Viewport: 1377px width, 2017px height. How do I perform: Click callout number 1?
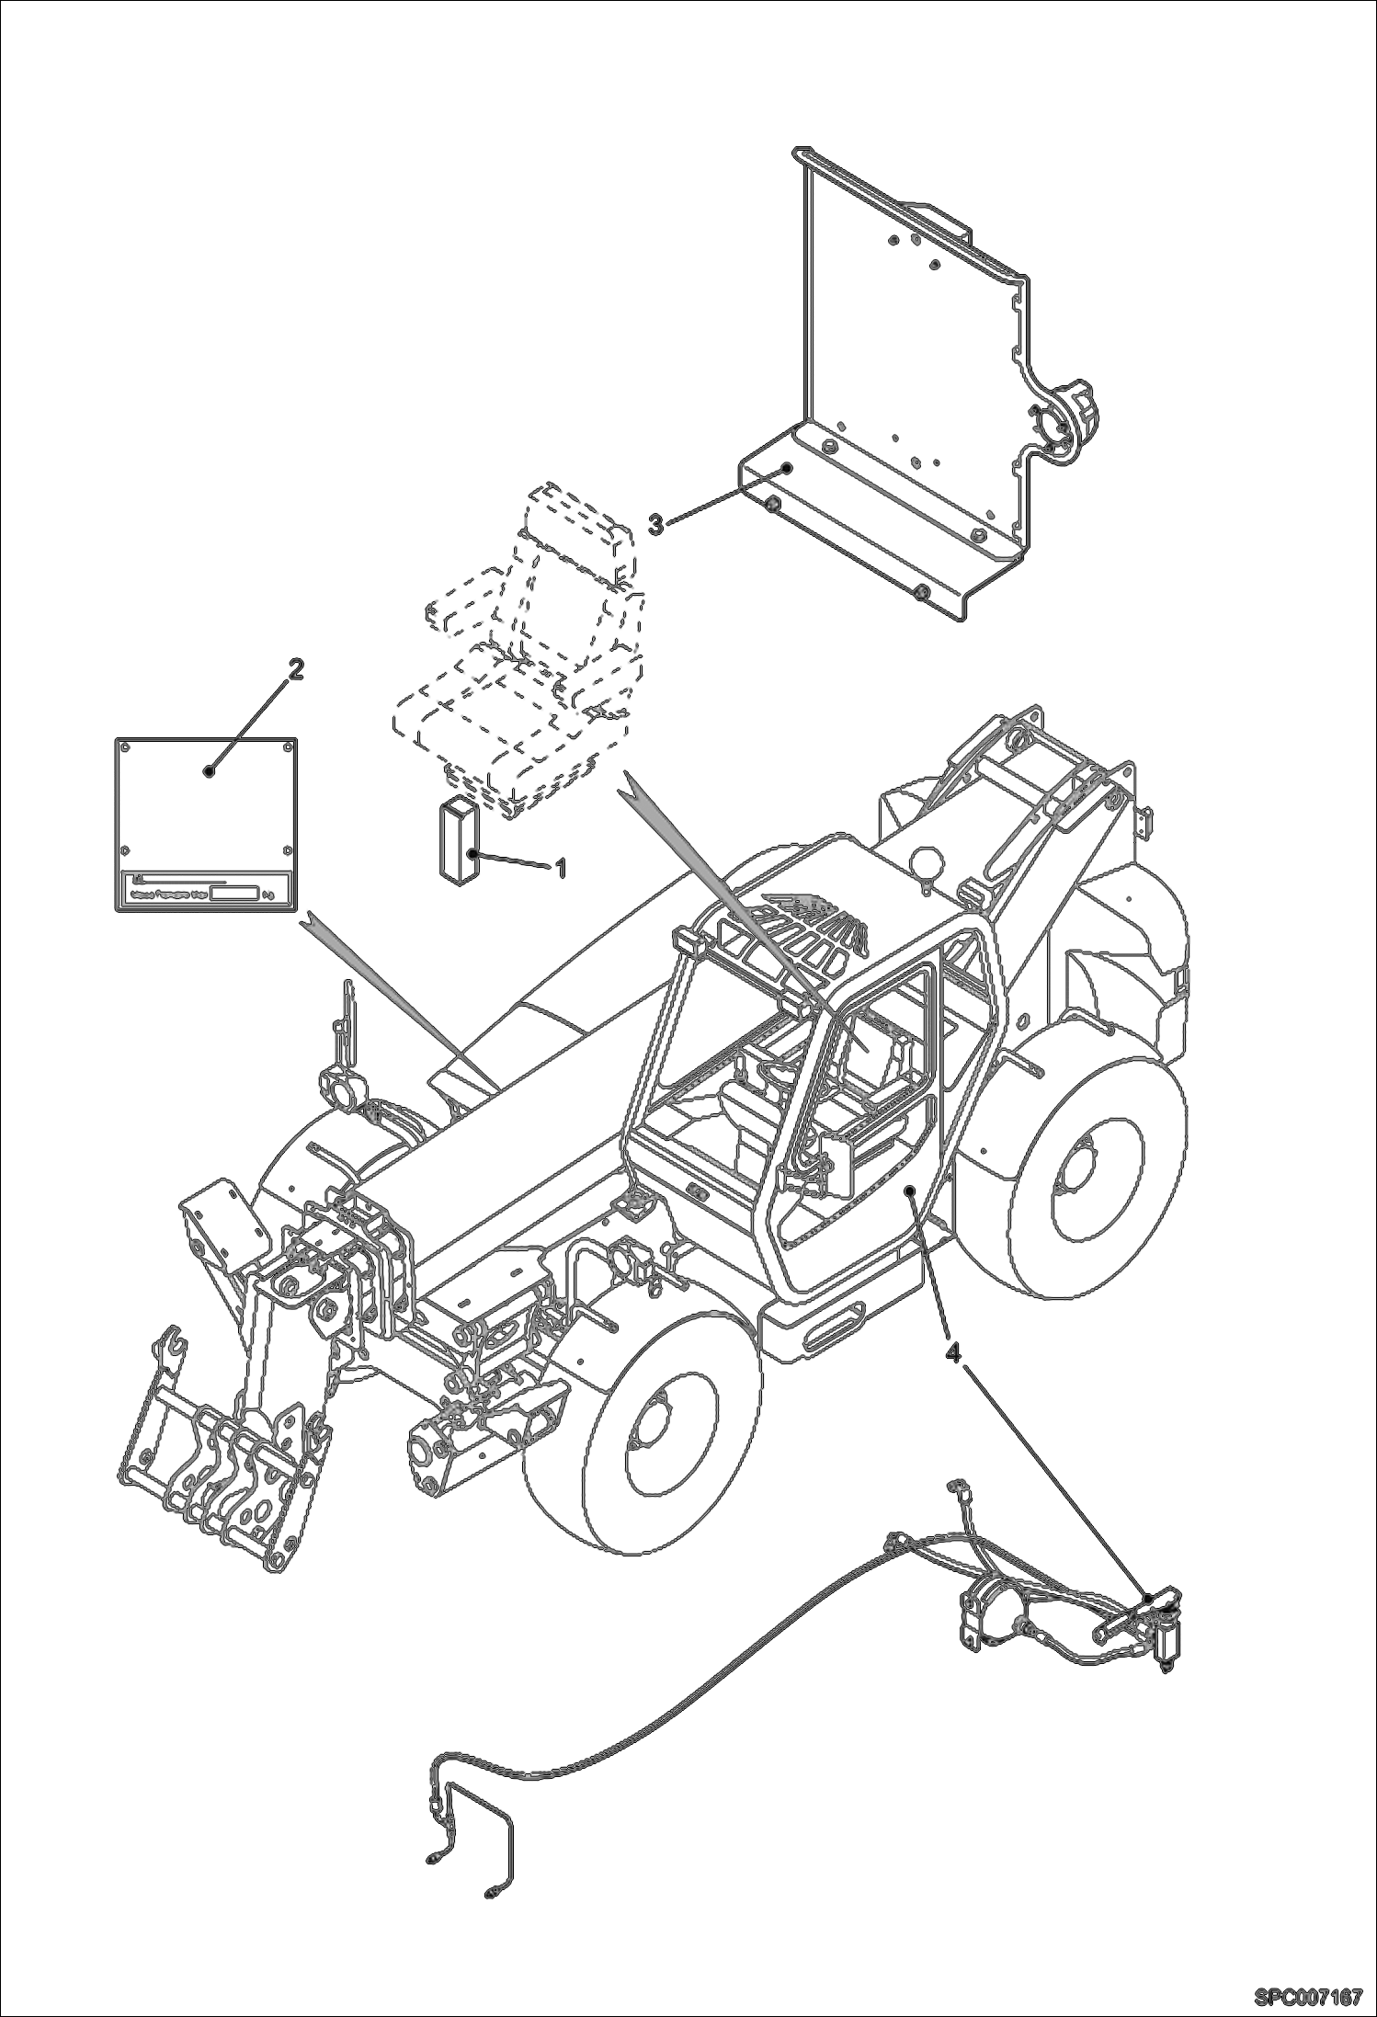(558, 866)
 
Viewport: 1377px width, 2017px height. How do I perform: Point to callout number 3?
(655, 525)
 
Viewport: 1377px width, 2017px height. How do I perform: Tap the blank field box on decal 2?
(233, 893)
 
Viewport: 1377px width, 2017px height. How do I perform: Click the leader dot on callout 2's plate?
(210, 770)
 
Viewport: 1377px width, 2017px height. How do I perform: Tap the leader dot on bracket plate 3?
(786, 467)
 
